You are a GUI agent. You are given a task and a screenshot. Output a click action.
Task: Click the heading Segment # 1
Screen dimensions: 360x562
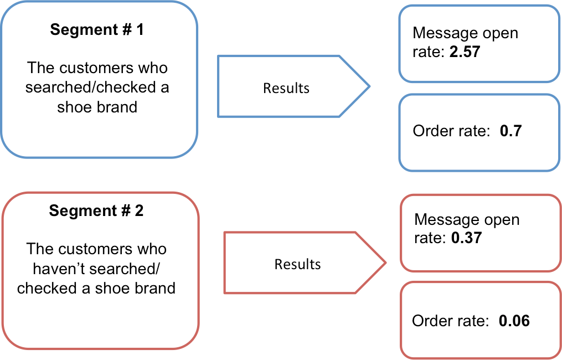click(x=97, y=29)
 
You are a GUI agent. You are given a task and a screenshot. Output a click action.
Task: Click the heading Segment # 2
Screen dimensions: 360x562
click(x=96, y=211)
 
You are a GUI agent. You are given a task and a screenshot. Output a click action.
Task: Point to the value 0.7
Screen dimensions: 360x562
click(x=511, y=131)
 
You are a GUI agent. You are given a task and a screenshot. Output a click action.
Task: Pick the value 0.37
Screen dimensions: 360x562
click(x=467, y=239)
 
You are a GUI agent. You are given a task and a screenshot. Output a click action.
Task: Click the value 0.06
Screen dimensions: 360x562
click(x=514, y=321)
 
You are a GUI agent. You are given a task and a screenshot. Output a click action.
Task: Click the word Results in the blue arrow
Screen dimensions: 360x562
click(x=286, y=88)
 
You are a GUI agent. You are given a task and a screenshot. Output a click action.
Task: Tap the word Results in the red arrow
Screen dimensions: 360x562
click(x=297, y=264)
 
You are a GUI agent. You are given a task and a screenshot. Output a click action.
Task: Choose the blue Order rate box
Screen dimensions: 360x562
click(x=479, y=132)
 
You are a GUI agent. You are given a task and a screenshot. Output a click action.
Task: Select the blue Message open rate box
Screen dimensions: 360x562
click(x=479, y=43)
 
